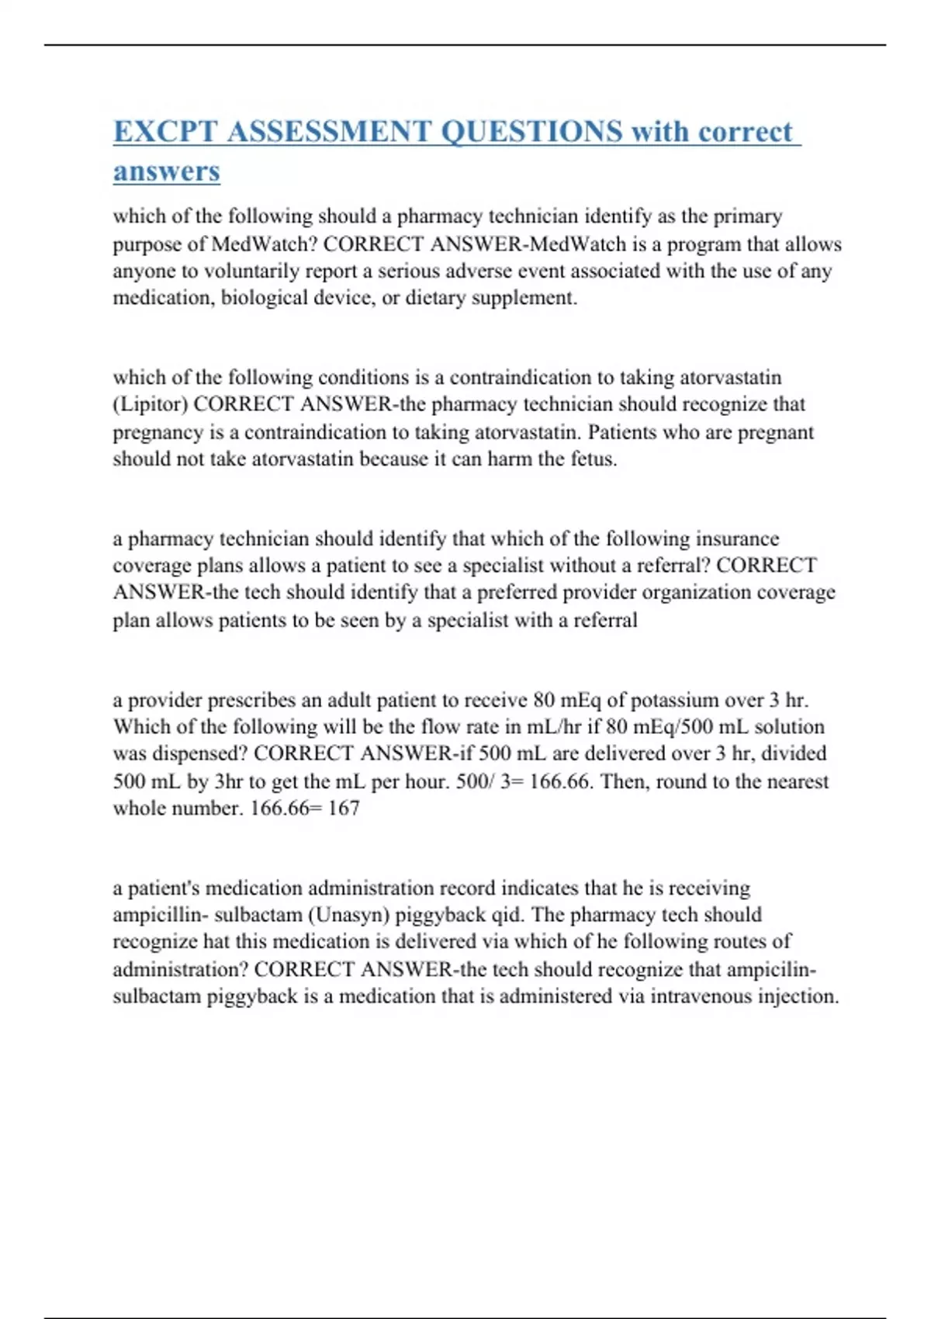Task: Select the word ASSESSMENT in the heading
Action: (x=329, y=132)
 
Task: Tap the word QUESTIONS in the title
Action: (x=531, y=132)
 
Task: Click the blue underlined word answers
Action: (x=167, y=171)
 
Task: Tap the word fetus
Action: (x=594, y=459)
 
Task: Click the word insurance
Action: (x=737, y=538)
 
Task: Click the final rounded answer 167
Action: (x=344, y=808)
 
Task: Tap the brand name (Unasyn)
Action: (x=349, y=916)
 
